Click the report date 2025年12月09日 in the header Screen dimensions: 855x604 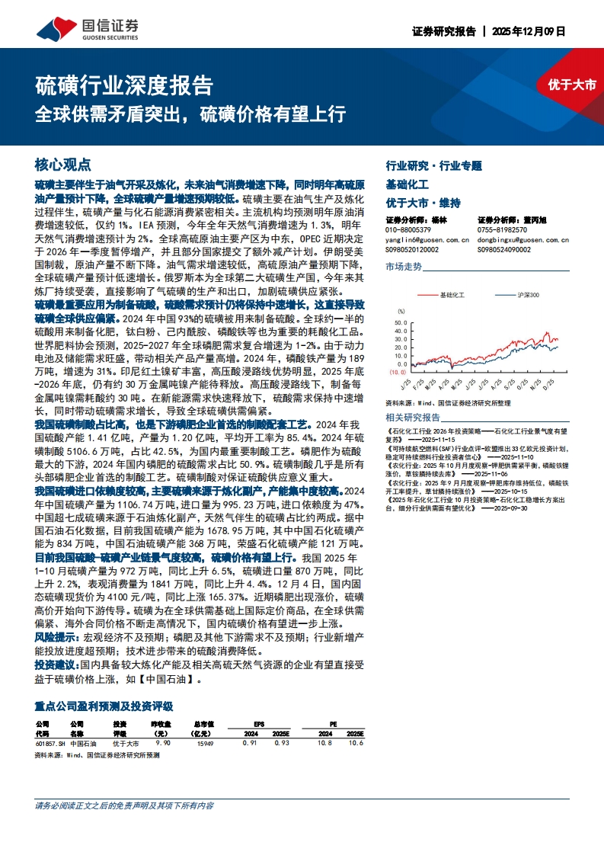coord(530,32)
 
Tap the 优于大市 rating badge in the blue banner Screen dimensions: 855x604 coord(572,85)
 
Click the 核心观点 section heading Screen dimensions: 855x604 coord(63,165)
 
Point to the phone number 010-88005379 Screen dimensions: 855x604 coord(408,229)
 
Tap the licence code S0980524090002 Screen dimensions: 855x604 coord(504,248)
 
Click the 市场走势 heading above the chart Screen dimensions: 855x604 coord(404,267)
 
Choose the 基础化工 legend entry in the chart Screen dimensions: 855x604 coord(452,294)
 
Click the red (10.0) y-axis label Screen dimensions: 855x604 coord(398,373)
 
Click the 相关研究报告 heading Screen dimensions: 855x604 coord(413,418)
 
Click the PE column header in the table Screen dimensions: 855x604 coord(332,723)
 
